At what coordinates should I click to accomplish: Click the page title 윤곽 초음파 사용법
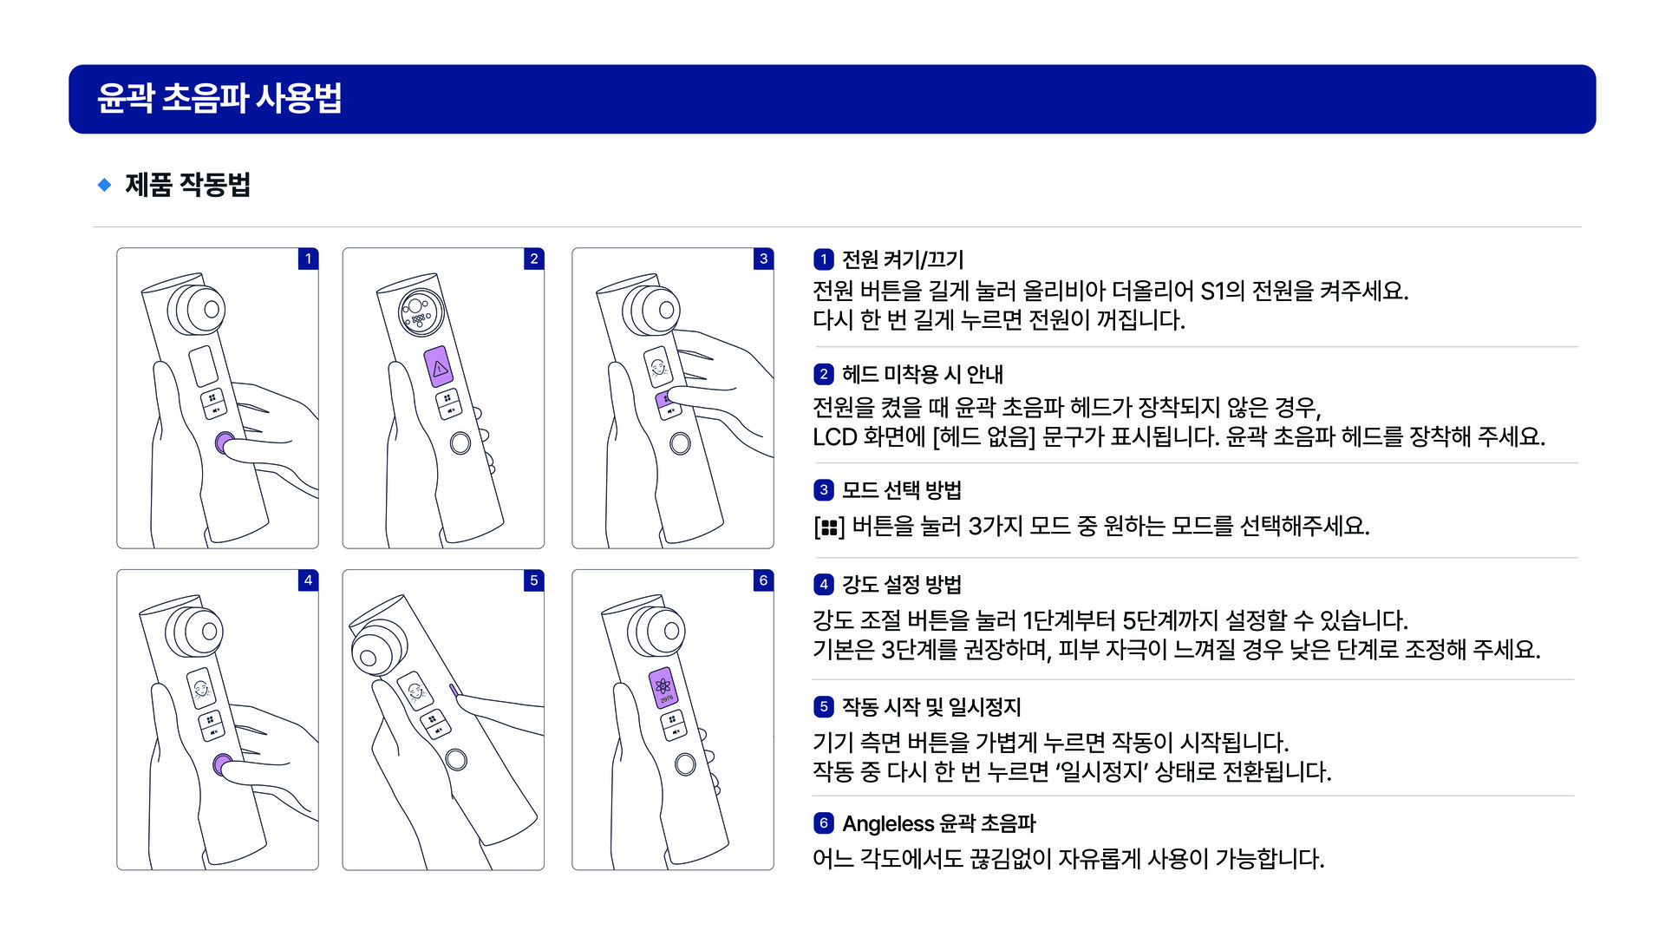(219, 98)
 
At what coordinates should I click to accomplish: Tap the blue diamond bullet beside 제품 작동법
(104, 184)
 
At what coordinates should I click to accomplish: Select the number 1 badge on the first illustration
(308, 259)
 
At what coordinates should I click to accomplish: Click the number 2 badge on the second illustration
(534, 259)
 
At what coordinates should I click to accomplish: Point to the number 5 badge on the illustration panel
(534, 580)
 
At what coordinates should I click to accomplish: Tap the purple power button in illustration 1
(224, 443)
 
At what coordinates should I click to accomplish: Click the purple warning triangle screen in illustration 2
(440, 368)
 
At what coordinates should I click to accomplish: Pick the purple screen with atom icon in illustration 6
(664, 689)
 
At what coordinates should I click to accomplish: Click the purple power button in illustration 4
(223, 765)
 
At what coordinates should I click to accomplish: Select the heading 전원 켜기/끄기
(903, 259)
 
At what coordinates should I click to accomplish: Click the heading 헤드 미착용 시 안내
(923, 374)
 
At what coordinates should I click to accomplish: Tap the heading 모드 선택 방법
(902, 490)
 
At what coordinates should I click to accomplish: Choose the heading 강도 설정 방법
(902, 585)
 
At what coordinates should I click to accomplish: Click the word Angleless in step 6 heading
(888, 823)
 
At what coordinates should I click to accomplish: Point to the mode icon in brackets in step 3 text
(829, 527)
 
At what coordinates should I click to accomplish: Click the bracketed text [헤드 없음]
(984, 436)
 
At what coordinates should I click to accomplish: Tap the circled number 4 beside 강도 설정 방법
(824, 585)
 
